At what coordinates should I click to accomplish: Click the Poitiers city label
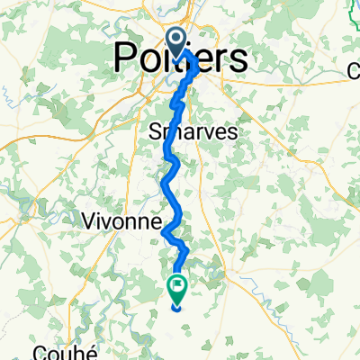180,59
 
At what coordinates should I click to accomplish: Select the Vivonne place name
121,220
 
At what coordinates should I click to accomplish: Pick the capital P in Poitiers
124,59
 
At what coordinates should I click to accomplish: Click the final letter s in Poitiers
238,59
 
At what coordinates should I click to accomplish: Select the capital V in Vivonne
90,220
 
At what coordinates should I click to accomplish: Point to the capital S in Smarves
153,131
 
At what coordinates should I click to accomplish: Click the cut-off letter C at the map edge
354,71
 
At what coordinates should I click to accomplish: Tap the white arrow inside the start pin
176,38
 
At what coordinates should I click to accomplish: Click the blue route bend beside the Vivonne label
164,232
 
